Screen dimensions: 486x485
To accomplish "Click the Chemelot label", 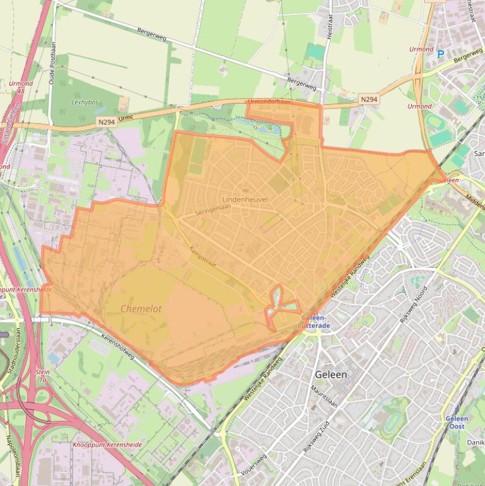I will [x=141, y=309].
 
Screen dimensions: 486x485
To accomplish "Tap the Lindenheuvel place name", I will [x=245, y=199].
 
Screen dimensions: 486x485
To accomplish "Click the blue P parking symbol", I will [x=440, y=55].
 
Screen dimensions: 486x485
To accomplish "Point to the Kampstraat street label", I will [x=202, y=257].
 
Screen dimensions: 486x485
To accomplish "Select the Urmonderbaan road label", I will [x=269, y=102].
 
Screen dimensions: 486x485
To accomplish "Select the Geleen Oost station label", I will [x=455, y=422].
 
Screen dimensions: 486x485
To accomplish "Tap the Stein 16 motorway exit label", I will [x=43, y=377].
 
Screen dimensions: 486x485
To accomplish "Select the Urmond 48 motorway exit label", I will [x=21, y=87].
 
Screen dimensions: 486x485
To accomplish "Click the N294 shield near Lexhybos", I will [x=106, y=122].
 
